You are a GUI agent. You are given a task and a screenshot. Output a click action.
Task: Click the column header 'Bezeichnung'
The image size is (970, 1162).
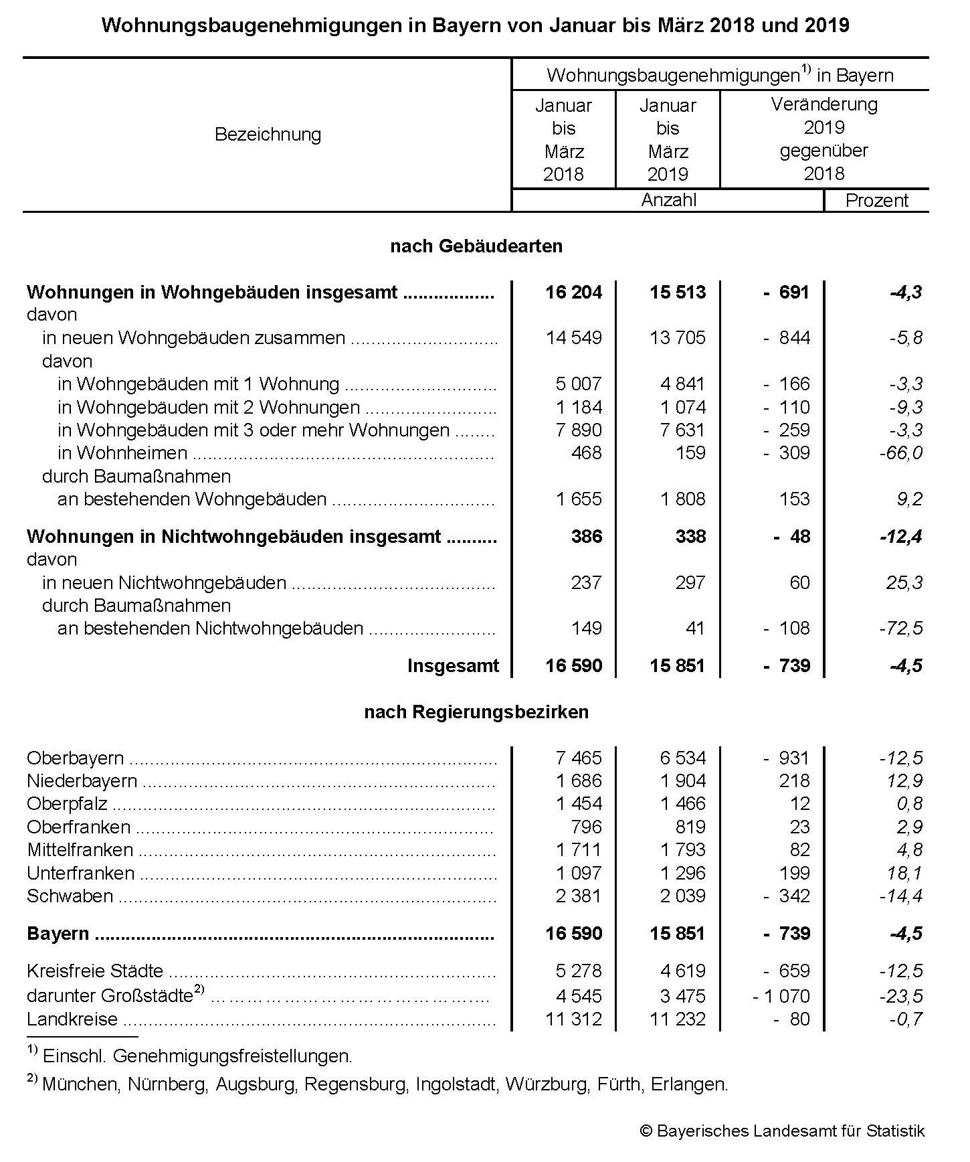[x=268, y=135]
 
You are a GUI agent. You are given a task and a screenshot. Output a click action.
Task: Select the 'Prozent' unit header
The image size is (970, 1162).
[x=876, y=201]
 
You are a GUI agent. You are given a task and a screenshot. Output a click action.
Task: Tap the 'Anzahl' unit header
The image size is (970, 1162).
[x=668, y=201]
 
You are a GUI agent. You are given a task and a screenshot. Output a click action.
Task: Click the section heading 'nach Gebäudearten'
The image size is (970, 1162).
[x=476, y=246]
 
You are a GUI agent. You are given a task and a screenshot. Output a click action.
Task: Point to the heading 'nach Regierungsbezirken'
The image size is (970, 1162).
[x=476, y=712]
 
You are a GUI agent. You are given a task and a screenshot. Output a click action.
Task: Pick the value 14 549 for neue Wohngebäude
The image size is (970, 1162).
[x=574, y=338]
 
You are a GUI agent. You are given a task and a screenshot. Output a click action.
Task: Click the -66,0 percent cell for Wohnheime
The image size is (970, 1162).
[x=900, y=453]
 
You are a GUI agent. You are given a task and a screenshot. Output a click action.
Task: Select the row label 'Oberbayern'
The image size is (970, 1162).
[x=75, y=758]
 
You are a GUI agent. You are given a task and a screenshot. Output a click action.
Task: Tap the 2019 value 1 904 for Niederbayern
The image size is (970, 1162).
[x=682, y=781]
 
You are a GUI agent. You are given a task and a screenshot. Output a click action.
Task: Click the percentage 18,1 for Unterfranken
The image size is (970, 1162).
[x=904, y=874]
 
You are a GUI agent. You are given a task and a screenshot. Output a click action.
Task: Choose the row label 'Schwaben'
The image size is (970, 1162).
[x=70, y=896]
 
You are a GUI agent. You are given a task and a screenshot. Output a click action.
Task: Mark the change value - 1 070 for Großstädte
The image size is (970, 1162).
[x=781, y=996]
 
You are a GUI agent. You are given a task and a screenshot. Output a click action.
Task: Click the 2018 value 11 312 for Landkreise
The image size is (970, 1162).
[x=574, y=1019]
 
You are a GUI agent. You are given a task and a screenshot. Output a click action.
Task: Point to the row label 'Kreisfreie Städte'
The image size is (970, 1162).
[x=95, y=971]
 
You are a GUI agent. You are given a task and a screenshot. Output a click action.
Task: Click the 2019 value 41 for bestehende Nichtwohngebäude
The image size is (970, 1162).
[x=695, y=629]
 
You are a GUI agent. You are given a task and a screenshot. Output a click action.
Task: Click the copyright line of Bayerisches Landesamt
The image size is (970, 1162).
[x=782, y=1131]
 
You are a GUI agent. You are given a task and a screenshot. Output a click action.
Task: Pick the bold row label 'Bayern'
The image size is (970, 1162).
[x=58, y=934]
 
